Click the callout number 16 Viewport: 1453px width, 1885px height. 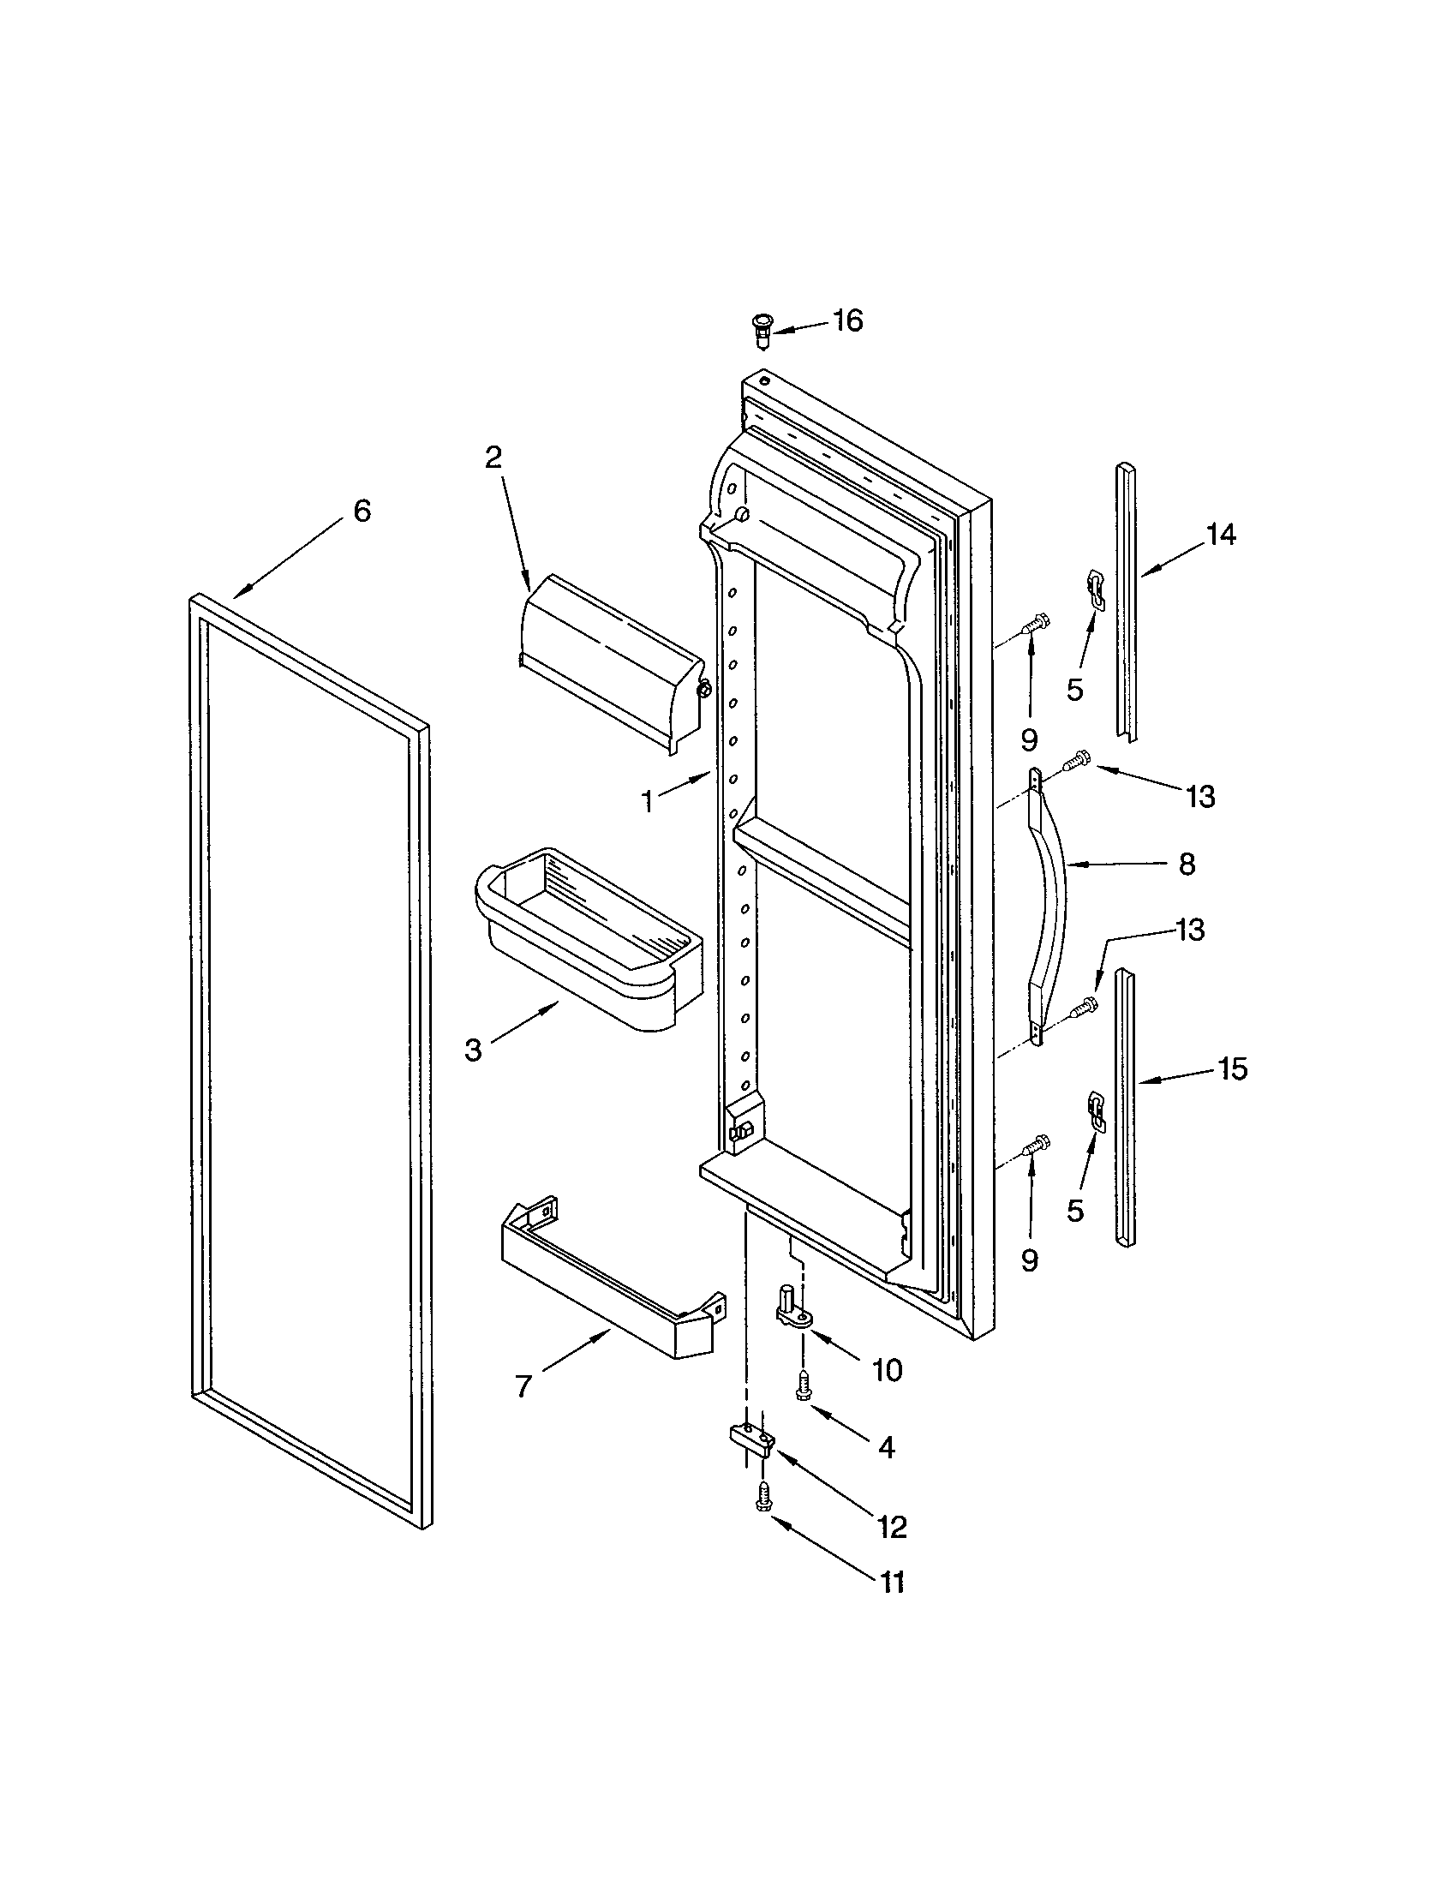[847, 321]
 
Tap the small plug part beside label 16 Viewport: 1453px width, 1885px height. [761, 331]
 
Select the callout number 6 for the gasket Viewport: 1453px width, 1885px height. [362, 511]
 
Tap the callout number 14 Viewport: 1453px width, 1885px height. [1220, 536]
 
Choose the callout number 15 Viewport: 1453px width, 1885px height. [1232, 1069]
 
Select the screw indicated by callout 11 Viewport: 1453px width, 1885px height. [762, 1499]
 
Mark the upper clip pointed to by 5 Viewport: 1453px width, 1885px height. [1096, 589]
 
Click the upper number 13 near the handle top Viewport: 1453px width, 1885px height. [1200, 797]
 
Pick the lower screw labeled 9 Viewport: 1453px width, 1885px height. [1036, 1146]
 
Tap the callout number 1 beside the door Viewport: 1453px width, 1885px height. [647, 802]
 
